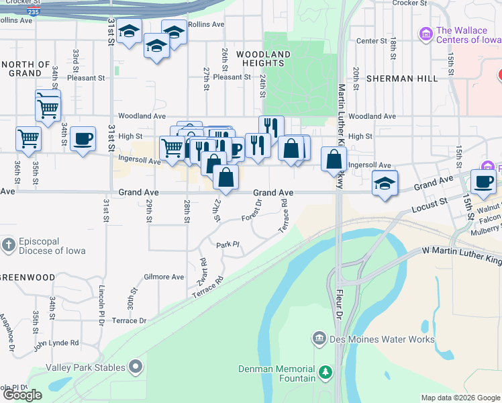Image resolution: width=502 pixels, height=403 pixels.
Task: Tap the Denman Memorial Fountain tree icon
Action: tap(325, 371)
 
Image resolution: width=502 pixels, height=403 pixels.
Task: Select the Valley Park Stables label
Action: tap(85, 367)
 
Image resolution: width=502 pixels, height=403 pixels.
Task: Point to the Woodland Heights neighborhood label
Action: tap(263, 58)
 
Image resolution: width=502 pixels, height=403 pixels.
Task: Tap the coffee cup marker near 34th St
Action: tap(83, 139)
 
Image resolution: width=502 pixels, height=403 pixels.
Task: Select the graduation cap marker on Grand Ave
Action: tap(385, 183)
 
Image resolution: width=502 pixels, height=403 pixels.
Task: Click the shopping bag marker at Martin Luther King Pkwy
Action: tap(334, 159)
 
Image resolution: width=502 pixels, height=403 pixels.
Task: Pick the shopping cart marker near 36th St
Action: tap(29, 138)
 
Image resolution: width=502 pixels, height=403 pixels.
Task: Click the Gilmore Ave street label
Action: tap(163, 277)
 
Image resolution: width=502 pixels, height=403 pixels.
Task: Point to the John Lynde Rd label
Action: tap(56, 343)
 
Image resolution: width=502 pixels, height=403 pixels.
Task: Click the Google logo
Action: tap(22, 395)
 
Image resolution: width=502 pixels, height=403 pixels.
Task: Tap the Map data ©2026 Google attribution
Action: tap(460, 398)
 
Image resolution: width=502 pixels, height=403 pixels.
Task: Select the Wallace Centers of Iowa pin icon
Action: tap(425, 33)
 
